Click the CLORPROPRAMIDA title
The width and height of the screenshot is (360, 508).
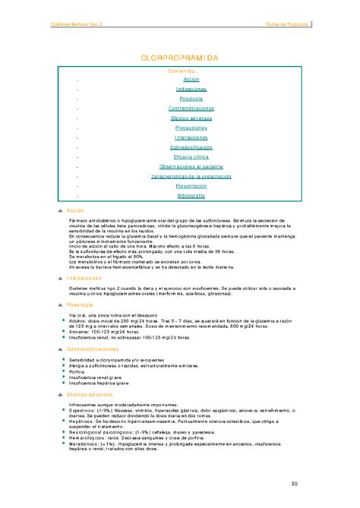click(x=180, y=58)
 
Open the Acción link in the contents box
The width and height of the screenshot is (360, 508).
click(x=191, y=79)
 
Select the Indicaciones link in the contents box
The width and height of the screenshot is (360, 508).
click(x=191, y=89)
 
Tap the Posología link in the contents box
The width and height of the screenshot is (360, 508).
click(x=191, y=99)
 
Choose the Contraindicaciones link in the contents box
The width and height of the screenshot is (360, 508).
click(x=191, y=109)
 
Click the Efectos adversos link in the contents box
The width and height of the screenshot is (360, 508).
click(x=191, y=118)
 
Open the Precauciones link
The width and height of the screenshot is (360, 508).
click(x=191, y=128)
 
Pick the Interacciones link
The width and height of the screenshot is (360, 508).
click(x=191, y=137)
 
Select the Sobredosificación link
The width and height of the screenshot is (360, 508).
click(x=191, y=147)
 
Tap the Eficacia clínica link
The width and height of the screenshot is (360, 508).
click(x=191, y=156)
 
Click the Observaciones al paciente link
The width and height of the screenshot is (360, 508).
click(x=191, y=166)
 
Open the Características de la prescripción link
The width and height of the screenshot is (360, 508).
click(x=191, y=176)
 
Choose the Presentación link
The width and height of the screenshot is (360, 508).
click(x=191, y=185)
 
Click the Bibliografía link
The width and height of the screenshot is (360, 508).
click(x=191, y=195)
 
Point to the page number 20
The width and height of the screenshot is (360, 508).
click(x=293, y=484)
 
